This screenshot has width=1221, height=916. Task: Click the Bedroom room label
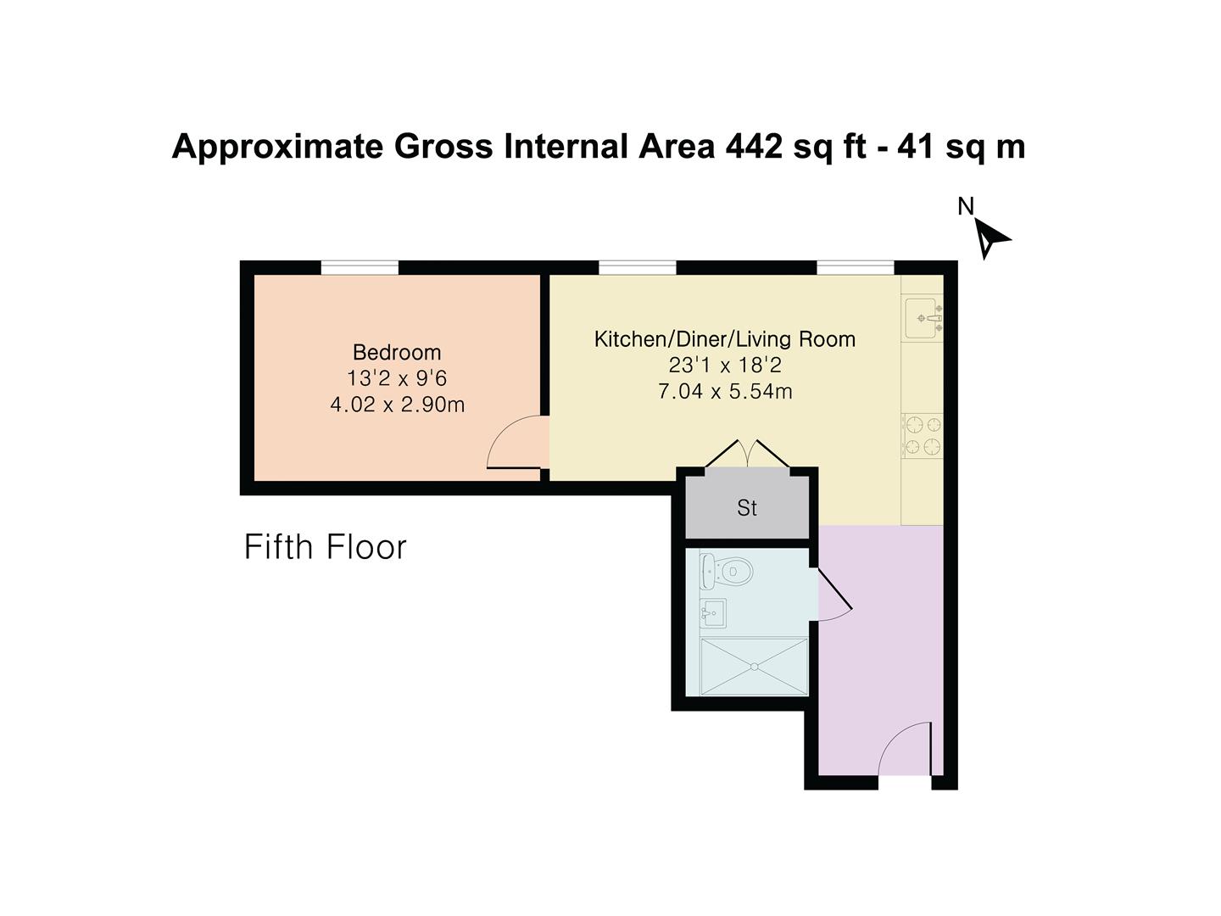tap(397, 352)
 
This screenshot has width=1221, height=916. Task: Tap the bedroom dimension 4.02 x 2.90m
tap(397, 405)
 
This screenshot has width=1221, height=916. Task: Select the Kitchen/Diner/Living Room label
tap(725, 339)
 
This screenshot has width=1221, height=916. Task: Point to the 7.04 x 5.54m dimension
tap(725, 392)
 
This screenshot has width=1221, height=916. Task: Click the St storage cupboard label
tap(747, 508)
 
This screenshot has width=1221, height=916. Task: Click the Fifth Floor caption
tap(326, 547)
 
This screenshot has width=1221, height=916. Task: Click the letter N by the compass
tap(965, 206)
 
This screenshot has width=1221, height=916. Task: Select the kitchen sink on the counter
tap(923, 318)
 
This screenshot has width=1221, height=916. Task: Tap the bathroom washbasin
tap(713, 612)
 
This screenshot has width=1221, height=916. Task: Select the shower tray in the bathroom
tap(754, 667)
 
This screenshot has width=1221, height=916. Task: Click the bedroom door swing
tap(517, 443)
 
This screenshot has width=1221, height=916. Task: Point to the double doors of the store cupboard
tap(747, 455)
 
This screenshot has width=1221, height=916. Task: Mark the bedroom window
tap(360, 268)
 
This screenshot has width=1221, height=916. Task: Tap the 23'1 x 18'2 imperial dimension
tap(725, 366)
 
